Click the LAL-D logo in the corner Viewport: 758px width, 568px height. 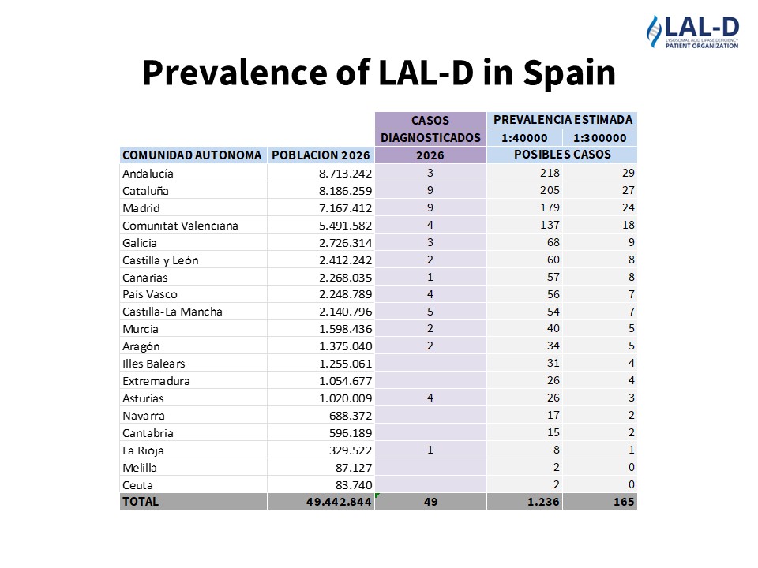click(x=692, y=32)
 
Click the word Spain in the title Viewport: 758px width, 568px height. click(x=568, y=73)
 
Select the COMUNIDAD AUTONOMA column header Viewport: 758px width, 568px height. click(x=192, y=155)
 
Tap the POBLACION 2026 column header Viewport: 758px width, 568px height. click(x=320, y=155)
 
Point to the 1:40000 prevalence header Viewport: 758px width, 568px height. click(x=524, y=138)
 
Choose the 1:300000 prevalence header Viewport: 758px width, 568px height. click(x=599, y=138)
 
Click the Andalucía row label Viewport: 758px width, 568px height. click(x=148, y=173)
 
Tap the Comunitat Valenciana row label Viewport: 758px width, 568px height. click(x=180, y=226)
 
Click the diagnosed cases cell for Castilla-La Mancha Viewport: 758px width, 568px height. click(x=430, y=312)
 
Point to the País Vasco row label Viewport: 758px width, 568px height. click(x=150, y=294)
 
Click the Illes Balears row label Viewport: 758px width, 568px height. click(x=154, y=364)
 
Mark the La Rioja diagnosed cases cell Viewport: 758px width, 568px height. click(x=430, y=450)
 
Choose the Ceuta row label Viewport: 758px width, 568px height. click(x=138, y=485)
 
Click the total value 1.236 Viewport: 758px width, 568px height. click(x=544, y=502)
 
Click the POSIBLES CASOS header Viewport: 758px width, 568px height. click(x=562, y=155)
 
